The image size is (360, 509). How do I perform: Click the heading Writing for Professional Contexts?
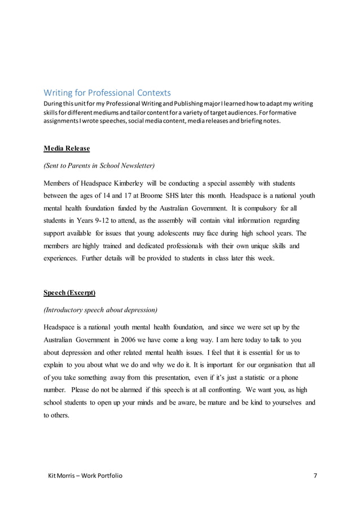pos(107,93)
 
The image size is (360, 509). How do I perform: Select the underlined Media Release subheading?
pos(67,148)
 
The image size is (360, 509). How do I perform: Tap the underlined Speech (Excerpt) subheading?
pos(69,292)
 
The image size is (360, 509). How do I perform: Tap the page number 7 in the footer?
pos(315,475)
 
